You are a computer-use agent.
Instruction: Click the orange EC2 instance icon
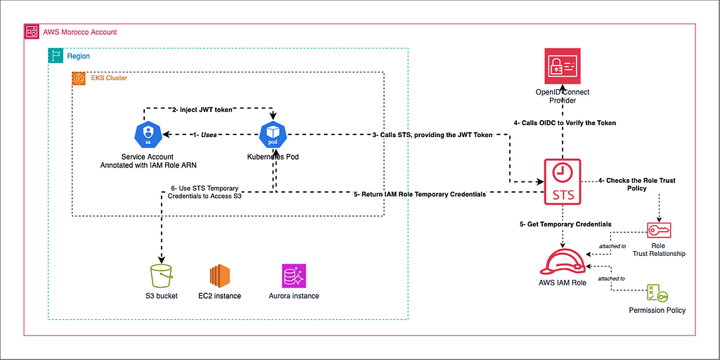pyautogui.click(x=219, y=275)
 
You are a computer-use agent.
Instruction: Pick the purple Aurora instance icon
pyautogui.click(x=293, y=275)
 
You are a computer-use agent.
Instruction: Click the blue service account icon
pyautogui.click(x=148, y=134)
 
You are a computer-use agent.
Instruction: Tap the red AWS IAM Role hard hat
pyautogui.click(x=562, y=262)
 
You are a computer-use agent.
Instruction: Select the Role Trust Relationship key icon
pyautogui.click(x=659, y=231)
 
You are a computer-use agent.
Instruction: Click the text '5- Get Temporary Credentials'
pyautogui.click(x=565, y=224)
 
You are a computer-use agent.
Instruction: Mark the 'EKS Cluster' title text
pyautogui.click(x=109, y=78)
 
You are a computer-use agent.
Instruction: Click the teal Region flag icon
pyautogui.click(x=55, y=56)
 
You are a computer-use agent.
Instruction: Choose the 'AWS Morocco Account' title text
pyautogui.click(x=79, y=32)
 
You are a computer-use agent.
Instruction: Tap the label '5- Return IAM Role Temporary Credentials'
pyautogui.click(x=419, y=194)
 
